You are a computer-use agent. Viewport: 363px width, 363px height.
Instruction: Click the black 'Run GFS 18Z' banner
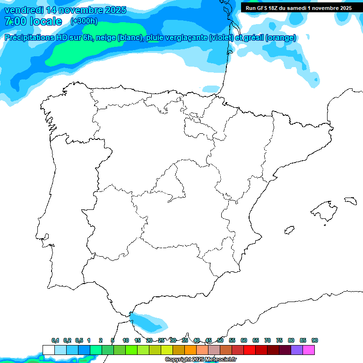[x=298, y=8]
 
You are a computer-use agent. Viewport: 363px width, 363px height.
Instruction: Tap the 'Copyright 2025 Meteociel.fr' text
[x=200, y=360]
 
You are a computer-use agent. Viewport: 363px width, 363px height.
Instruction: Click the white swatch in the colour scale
[x=48, y=350]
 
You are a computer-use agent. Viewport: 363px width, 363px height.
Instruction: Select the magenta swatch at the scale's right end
[x=309, y=350]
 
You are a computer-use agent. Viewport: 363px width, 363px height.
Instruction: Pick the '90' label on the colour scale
[x=315, y=340]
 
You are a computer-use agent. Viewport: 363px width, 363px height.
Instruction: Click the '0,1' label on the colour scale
[x=55, y=340]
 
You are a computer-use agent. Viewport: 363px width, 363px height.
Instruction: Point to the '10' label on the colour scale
[x=126, y=340]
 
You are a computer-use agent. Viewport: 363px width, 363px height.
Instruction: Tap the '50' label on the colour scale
[x=220, y=340]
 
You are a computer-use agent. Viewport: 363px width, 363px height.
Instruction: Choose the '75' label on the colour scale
[x=279, y=340]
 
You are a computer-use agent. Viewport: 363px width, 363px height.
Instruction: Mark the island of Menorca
[x=350, y=200]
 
